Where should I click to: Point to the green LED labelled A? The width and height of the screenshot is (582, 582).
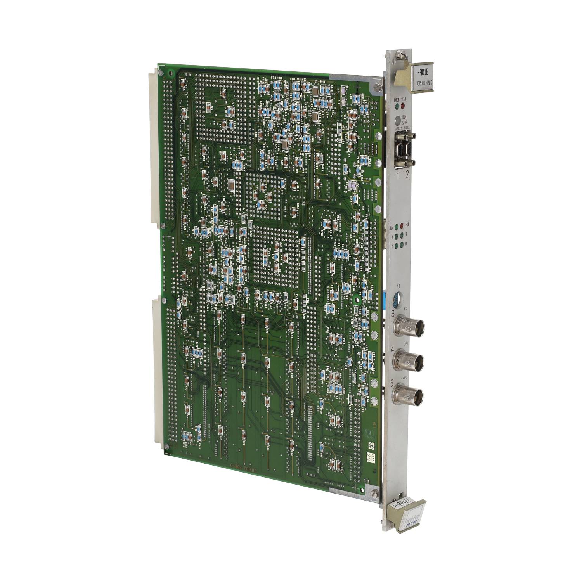pos(397,236)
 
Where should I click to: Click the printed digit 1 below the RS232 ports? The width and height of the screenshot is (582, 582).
pos(398,173)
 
